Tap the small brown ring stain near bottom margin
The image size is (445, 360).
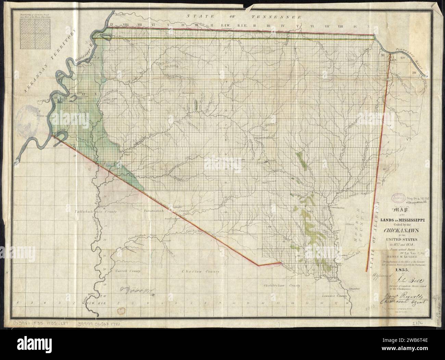pos(121,310)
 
